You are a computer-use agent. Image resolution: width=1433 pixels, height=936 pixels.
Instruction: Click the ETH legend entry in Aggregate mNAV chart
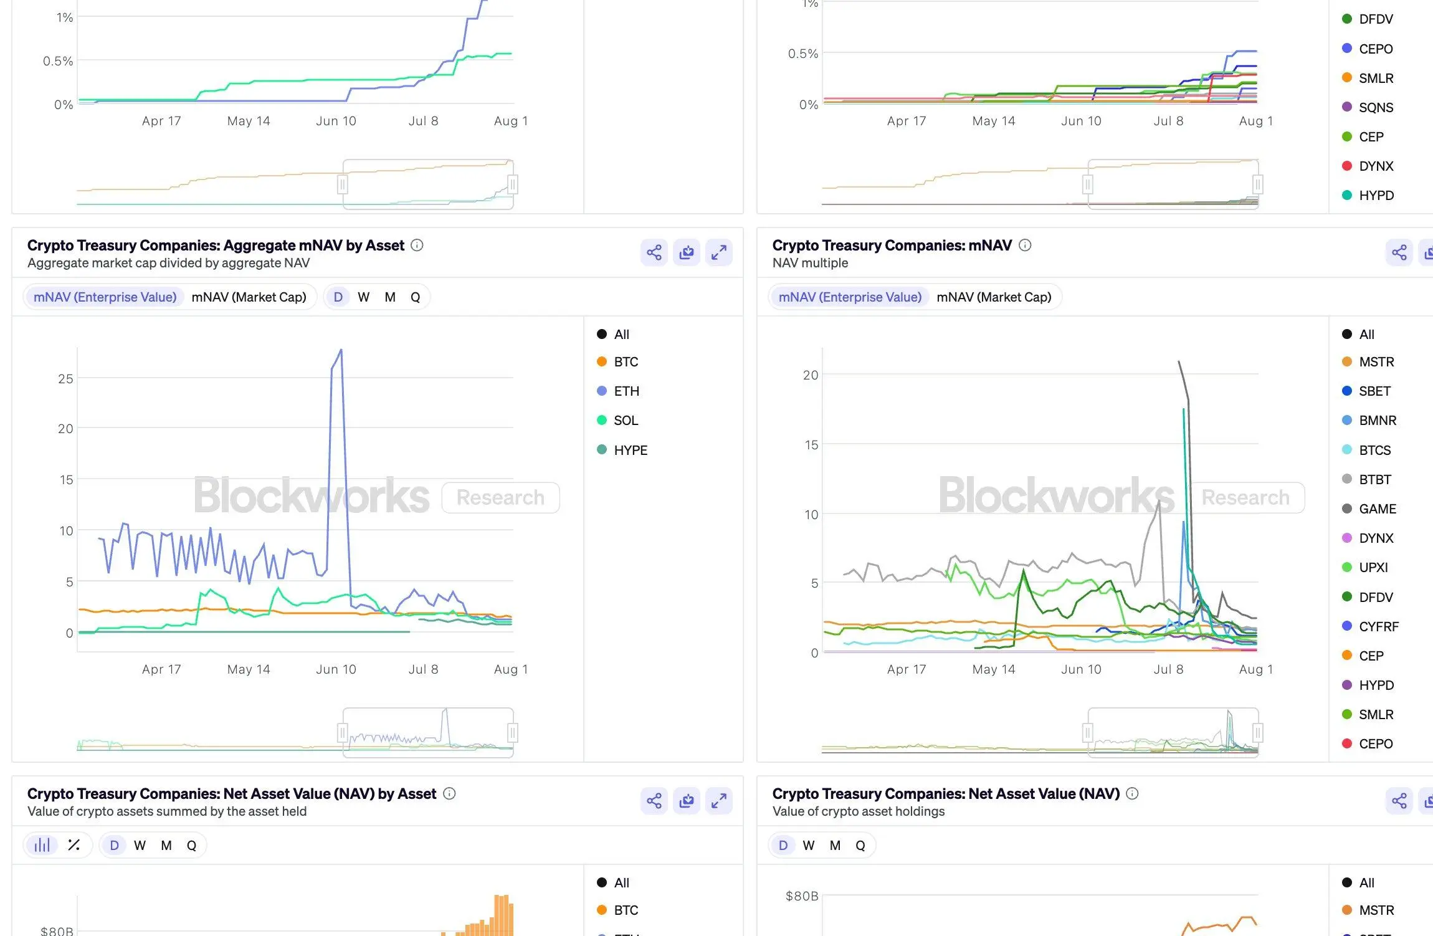click(x=626, y=391)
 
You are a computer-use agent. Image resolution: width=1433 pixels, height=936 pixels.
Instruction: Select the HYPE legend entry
click(x=630, y=450)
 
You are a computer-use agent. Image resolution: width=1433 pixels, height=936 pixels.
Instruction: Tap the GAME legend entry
click(x=1377, y=509)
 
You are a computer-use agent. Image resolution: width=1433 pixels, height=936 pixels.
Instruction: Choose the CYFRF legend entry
click(x=1378, y=626)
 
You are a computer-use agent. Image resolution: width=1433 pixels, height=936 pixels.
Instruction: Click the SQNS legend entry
click(x=1376, y=108)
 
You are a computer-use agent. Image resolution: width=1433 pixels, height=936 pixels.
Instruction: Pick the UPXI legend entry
click(x=1373, y=568)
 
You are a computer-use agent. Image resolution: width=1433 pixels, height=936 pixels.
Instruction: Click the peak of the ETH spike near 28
click(x=341, y=350)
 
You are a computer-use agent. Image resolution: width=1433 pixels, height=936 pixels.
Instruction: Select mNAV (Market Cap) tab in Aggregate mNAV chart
click(x=249, y=297)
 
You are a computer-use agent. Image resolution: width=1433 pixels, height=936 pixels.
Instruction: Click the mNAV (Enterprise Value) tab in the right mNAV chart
click(x=850, y=297)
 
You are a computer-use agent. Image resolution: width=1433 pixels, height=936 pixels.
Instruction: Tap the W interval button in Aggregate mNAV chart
click(x=364, y=297)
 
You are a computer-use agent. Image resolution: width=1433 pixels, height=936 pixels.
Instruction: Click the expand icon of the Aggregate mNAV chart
click(x=719, y=252)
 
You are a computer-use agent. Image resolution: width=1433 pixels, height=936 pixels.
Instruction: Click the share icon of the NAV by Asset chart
click(x=654, y=801)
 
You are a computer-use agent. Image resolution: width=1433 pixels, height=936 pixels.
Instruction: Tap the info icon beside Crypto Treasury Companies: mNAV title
click(x=1025, y=246)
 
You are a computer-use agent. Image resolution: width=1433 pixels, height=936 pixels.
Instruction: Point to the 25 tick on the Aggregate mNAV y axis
click(x=65, y=379)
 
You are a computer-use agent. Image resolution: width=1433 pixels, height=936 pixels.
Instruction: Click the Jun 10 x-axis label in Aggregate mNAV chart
click(x=336, y=669)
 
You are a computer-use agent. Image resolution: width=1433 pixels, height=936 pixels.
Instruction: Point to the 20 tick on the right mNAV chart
click(x=811, y=375)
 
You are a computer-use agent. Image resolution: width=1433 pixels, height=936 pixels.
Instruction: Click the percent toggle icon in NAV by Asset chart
click(x=74, y=846)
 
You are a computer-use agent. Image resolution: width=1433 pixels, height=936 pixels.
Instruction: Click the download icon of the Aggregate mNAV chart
click(x=687, y=252)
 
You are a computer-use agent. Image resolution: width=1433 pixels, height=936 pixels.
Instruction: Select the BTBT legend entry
click(x=1374, y=480)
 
